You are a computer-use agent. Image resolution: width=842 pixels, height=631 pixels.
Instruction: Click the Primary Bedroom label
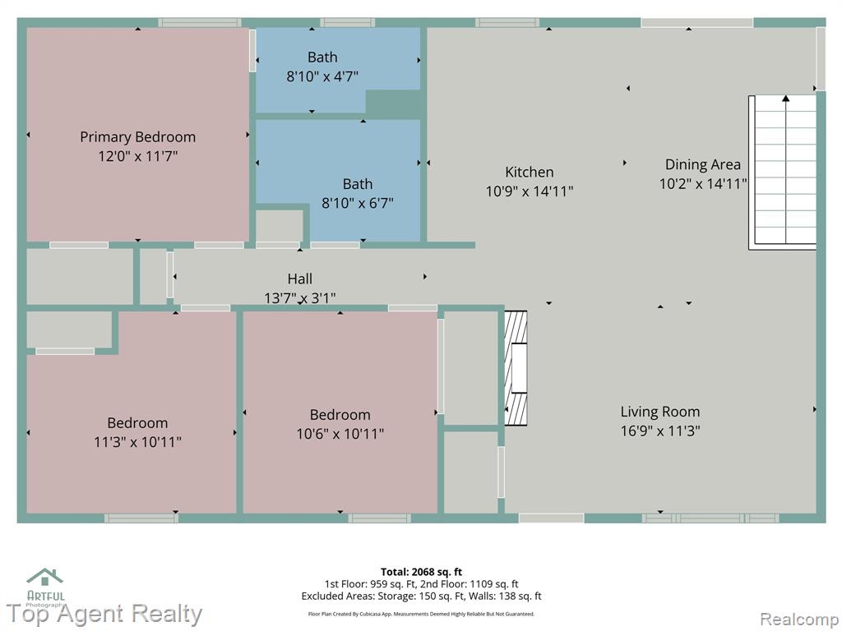137,137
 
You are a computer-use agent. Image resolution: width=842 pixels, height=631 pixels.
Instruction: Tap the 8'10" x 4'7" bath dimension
322,76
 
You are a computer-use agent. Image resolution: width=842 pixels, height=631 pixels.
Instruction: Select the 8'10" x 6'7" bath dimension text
358,203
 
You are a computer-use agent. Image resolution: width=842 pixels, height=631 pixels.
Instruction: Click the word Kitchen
529,172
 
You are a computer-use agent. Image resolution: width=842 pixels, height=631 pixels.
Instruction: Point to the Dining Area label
702,164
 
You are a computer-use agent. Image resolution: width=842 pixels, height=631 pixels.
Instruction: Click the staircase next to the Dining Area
783,173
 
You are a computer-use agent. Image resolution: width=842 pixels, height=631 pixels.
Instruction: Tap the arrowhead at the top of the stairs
785,99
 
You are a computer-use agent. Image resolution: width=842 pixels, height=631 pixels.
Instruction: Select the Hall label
299,279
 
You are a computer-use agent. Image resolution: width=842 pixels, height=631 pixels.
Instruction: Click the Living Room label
660,412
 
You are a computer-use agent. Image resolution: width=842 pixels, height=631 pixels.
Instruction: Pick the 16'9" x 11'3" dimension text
660,431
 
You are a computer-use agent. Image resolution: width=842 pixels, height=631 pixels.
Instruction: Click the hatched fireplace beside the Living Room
516,368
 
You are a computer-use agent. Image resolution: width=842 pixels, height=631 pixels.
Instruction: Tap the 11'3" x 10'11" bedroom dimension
137,442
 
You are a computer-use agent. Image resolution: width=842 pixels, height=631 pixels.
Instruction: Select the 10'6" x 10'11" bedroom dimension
340,434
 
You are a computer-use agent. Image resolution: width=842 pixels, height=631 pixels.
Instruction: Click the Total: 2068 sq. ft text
421,572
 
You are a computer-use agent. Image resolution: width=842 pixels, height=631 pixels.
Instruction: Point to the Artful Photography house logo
45,578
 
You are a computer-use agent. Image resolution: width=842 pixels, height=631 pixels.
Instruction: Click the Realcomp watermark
799,619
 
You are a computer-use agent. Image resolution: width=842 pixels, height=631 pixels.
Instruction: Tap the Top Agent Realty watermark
104,614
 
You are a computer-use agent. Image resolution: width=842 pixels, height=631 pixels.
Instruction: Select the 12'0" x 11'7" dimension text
137,157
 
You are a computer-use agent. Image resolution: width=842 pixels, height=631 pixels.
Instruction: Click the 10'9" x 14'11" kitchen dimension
529,191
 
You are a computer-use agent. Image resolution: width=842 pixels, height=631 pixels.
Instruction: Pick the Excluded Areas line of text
421,596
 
